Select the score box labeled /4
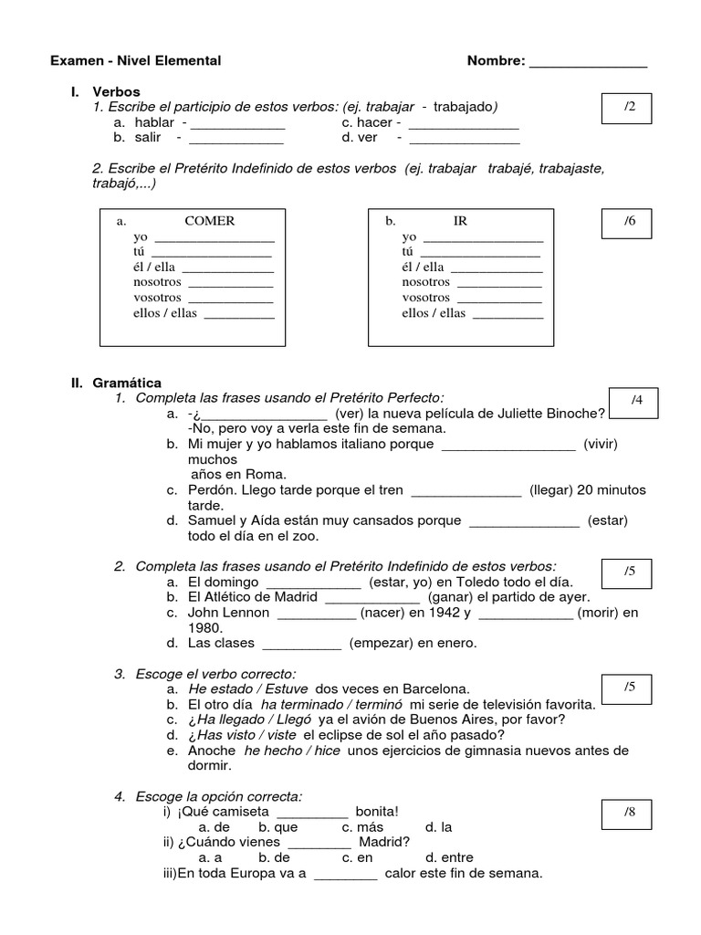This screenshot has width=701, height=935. (637, 402)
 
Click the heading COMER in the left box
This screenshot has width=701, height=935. (209, 221)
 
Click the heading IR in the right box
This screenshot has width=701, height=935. (460, 221)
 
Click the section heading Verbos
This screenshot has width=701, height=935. (116, 92)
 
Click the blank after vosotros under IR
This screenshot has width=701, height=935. (497, 299)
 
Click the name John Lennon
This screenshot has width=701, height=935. (228, 613)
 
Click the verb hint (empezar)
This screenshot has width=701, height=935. (381, 643)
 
